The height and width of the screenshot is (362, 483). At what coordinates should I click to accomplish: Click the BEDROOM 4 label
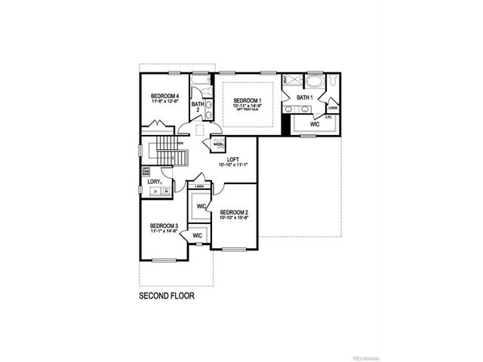164,97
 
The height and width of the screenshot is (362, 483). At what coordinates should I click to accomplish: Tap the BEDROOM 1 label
247,101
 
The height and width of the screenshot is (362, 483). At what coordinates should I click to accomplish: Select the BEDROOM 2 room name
234,213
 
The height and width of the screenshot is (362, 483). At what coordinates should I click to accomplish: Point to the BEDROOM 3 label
164,226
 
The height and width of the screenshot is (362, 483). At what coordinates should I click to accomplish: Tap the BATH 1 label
304,97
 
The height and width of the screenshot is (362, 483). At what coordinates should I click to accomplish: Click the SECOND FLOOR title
167,296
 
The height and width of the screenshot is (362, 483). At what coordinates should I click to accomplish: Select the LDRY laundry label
154,181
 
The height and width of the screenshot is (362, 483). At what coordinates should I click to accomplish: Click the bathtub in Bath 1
313,79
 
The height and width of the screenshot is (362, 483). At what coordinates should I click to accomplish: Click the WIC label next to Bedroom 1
314,124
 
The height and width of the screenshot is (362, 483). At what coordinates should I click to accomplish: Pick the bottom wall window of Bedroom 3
163,260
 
